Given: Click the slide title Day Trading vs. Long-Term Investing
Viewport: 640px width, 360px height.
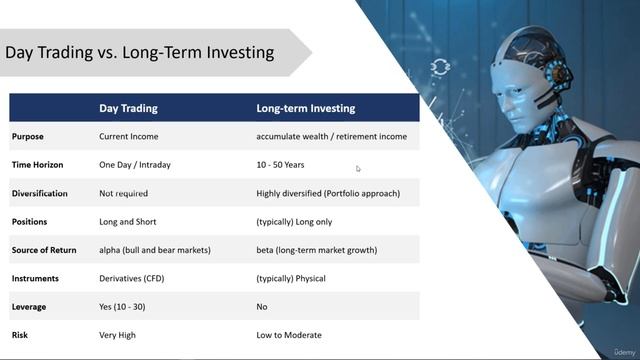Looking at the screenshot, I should (140, 52).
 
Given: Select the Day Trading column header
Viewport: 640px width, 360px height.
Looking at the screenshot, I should (128, 108).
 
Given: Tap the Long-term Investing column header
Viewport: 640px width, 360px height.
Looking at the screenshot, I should (305, 108).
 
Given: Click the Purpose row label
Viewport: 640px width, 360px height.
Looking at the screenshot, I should (28, 136).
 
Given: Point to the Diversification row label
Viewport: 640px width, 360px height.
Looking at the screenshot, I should (40, 193).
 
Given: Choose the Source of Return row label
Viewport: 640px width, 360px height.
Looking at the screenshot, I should (44, 250).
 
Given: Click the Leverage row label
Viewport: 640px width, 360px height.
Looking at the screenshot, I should (29, 307).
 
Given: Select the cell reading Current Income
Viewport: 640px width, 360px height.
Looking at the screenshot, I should (129, 136).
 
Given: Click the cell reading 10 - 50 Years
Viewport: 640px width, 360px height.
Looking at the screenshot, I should (280, 165).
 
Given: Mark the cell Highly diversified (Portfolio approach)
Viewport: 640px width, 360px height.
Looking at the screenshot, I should (328, 193).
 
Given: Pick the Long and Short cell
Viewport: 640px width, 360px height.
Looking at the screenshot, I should (128, 222).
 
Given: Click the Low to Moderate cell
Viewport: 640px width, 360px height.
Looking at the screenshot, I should (289, 335).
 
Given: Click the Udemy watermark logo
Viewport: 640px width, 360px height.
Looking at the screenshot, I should (617, 349).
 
